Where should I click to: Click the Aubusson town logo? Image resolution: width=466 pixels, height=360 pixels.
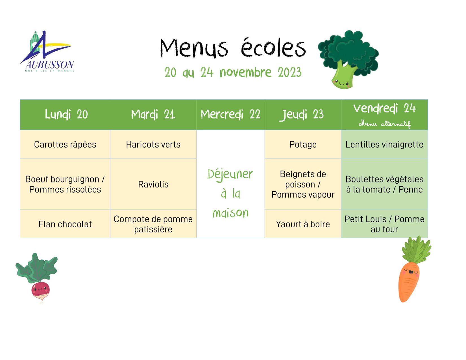(x=47, y=51)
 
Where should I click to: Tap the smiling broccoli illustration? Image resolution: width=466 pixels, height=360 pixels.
(x=348, y=59)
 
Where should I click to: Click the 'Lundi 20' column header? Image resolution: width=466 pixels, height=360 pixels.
(x=66, y=114)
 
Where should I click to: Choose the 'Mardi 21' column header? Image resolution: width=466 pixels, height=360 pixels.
(x=153, y=114)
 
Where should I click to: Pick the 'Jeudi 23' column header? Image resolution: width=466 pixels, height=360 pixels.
(x=301, y=115)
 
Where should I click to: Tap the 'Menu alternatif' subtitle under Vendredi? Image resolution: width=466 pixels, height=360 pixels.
(x=385, y=124)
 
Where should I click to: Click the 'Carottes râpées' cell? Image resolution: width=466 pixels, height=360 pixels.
(x=65, y=145)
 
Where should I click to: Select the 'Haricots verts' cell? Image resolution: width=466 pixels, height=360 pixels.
(x=153, y=145)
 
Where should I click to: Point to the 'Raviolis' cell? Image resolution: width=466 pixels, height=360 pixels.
(x=153, y=184)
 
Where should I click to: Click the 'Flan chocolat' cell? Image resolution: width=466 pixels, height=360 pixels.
(x=65, y=224)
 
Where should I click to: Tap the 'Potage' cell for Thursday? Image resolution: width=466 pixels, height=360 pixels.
(x=303, y=145)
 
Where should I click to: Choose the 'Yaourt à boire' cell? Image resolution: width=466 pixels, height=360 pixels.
(x=303, y=224)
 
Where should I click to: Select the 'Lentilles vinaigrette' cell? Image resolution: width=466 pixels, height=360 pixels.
(x=384, y=145)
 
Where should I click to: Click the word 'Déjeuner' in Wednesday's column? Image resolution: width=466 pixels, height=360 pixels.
(x=230, y=174)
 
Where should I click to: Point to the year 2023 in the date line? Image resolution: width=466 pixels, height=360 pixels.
(x=290, y=72)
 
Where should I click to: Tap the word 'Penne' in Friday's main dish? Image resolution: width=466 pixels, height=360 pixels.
(x=410, y=189)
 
